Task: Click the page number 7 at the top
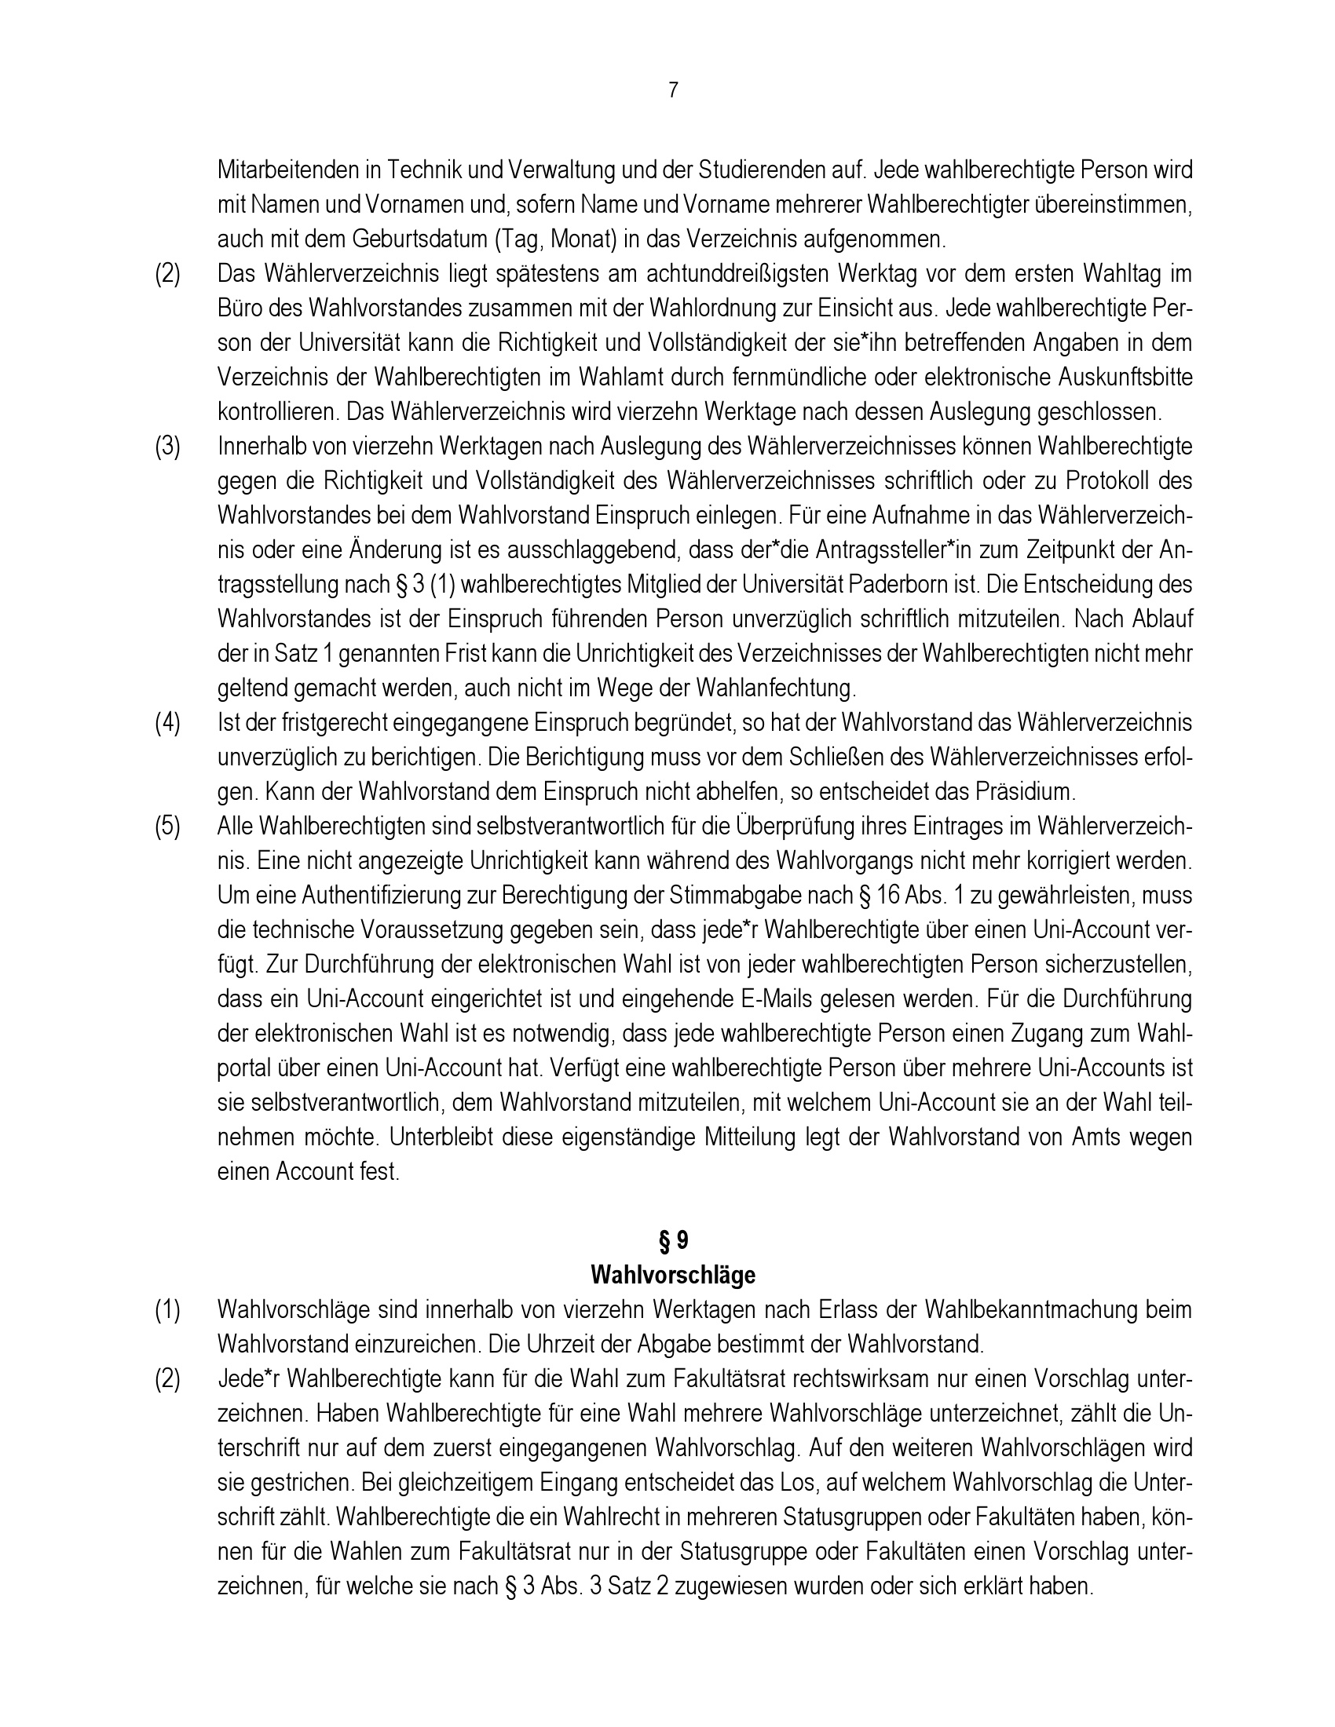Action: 673,90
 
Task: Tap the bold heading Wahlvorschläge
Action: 673,1276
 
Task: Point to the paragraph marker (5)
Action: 166,827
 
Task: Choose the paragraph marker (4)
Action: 166,723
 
